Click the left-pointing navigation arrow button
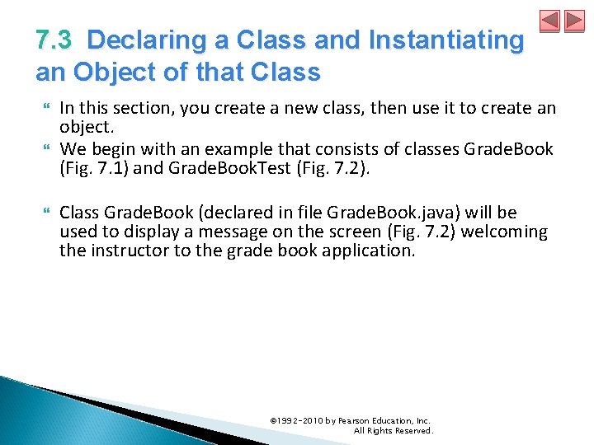pos(550,21)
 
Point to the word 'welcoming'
pos(504,232)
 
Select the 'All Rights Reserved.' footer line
pos(393,430)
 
